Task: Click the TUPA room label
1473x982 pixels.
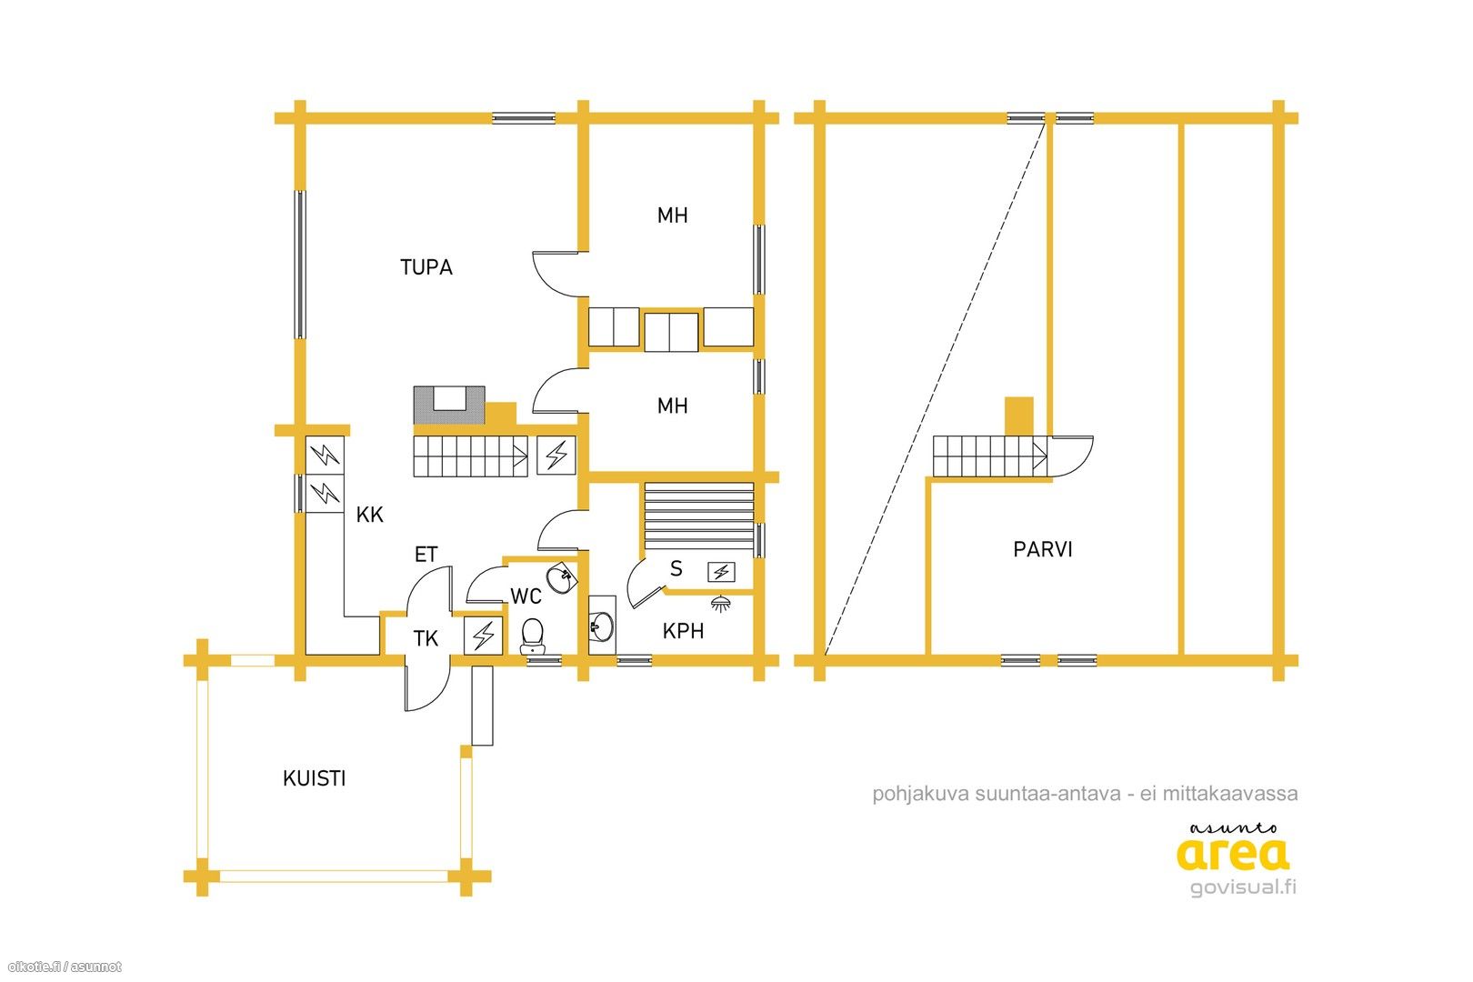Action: tap(426, 267)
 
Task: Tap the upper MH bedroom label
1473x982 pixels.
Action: tap(672, 215)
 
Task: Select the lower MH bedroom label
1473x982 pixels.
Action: tap(672, 406)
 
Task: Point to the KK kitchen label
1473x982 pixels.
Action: tap(369, 515)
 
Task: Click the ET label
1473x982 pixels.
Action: tap(426, 555)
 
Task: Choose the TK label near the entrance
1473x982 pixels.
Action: tap(426, 638)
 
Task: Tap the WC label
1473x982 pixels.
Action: tap(526, 596)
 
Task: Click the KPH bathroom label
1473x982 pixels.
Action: tap(683, 631)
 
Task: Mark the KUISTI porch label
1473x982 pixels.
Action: tap(314, 778)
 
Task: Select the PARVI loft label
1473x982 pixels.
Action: tap(1042, 549)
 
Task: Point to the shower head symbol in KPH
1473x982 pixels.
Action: tap(721, 603)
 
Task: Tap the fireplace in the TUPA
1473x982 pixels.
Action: tap(449, 406)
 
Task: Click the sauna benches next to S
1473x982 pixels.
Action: tap(698, 516)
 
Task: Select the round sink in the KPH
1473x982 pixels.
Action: tap(602, 626)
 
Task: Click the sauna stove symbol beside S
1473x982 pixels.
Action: tap(721, 572)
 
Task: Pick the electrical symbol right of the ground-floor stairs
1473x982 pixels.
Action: tap(556, 456)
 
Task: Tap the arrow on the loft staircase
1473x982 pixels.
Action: tap(1039, 456)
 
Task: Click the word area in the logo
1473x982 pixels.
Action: tap(1232, 855)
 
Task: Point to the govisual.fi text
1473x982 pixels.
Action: tap(1243, 887)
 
